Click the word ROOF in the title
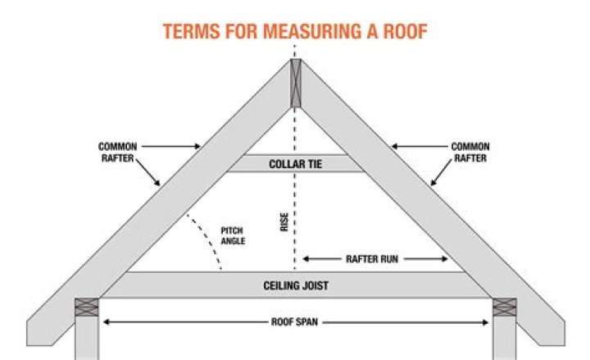406,31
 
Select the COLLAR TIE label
296,164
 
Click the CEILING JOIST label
296,285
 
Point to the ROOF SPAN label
295,322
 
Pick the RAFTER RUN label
372,259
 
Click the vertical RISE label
284,221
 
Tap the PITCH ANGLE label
233,235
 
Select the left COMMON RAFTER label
118,153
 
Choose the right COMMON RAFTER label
470,153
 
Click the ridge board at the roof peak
296,83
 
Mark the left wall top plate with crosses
87,308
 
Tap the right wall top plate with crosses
505,308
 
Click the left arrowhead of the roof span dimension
106,322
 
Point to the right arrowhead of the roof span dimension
485,322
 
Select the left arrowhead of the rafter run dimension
306,259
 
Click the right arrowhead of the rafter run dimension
444,259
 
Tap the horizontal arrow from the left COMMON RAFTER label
171,147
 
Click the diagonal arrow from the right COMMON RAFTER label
441,172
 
